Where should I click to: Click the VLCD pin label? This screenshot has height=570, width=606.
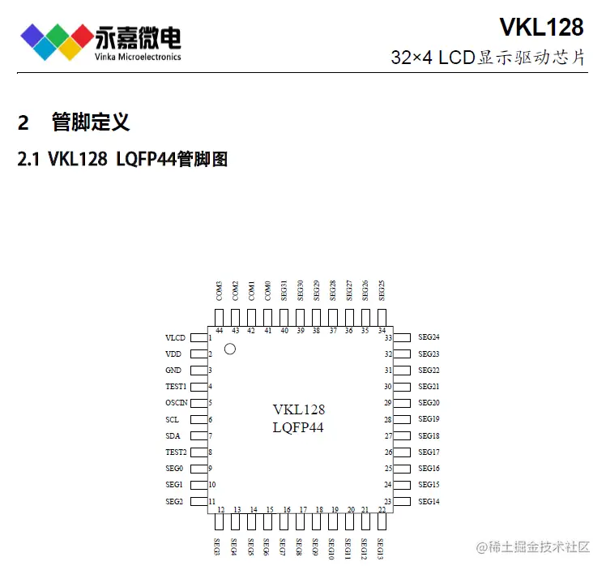pyautogui.click(x=175, y=337)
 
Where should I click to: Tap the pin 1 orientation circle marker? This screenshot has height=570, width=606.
pyautogui.click(x=229, y=349)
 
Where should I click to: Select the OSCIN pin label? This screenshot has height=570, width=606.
pyautogui.click(x=177, y=403)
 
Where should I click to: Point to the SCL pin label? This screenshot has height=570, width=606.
pyautogui.click(x=172, y=420)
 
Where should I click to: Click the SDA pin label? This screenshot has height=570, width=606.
pyautogui.click(x=172, y=436)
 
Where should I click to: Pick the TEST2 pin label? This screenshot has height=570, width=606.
pyautogui.click(x=176, y=452)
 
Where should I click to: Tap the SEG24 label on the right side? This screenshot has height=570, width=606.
pyautogui.click(x=429, y=337)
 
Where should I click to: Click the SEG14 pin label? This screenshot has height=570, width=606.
pyautogui.click(x=429, y=502)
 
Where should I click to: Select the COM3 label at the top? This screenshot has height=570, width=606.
pyautogui.click(x=220, y=290)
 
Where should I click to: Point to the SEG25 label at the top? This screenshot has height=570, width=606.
pyautogui.click(x=382, y=290)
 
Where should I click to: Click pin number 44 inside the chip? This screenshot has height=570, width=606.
pyautogui.click(x=220, y=331)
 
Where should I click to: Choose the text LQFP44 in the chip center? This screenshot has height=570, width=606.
pyautogui.click(x=298, y=427)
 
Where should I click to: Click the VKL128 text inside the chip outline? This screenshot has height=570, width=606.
pyautogui.click(x=298, y=409)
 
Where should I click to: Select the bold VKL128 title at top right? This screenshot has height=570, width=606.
pyautogui.click(x=541, y=28)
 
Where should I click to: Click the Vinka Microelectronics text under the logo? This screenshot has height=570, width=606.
pyautogui.click(x=138, y=57)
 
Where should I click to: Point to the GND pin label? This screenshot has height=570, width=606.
pyautogui.click(x=173, y=371)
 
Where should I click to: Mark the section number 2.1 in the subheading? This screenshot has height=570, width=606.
pyautogui.click(x=29, y=159)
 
